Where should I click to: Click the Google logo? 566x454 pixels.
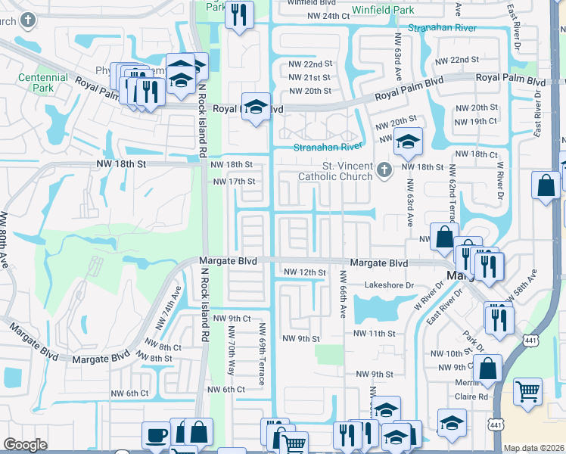(25, 445)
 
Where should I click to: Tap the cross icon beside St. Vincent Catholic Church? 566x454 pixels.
(384, 168)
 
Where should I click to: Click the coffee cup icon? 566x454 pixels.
(157, 435)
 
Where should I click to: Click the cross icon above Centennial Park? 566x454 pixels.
(28, 20)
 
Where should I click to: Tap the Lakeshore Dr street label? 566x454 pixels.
(390, 286)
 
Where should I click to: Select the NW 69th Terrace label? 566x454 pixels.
(263, 354)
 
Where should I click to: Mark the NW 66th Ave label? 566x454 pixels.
(342, 294)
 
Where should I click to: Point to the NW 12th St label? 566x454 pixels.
(304, 272)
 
